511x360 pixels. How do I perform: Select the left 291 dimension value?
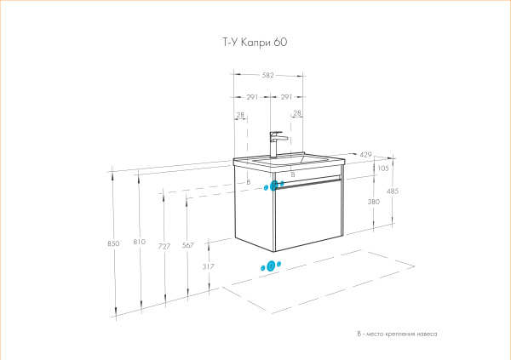(252, 96)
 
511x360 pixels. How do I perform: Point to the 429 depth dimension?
(365, 154)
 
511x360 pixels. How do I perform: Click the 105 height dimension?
(382, 169)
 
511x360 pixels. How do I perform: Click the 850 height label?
(113, 244)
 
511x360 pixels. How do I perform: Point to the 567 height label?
(188, 246)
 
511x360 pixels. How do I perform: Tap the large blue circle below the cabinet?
(271, 266)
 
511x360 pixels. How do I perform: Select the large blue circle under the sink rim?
(275, 184)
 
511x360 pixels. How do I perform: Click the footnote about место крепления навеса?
(397, 334)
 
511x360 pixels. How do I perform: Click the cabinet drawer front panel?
(307, 213)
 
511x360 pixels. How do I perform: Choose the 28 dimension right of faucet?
(297, 113)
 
